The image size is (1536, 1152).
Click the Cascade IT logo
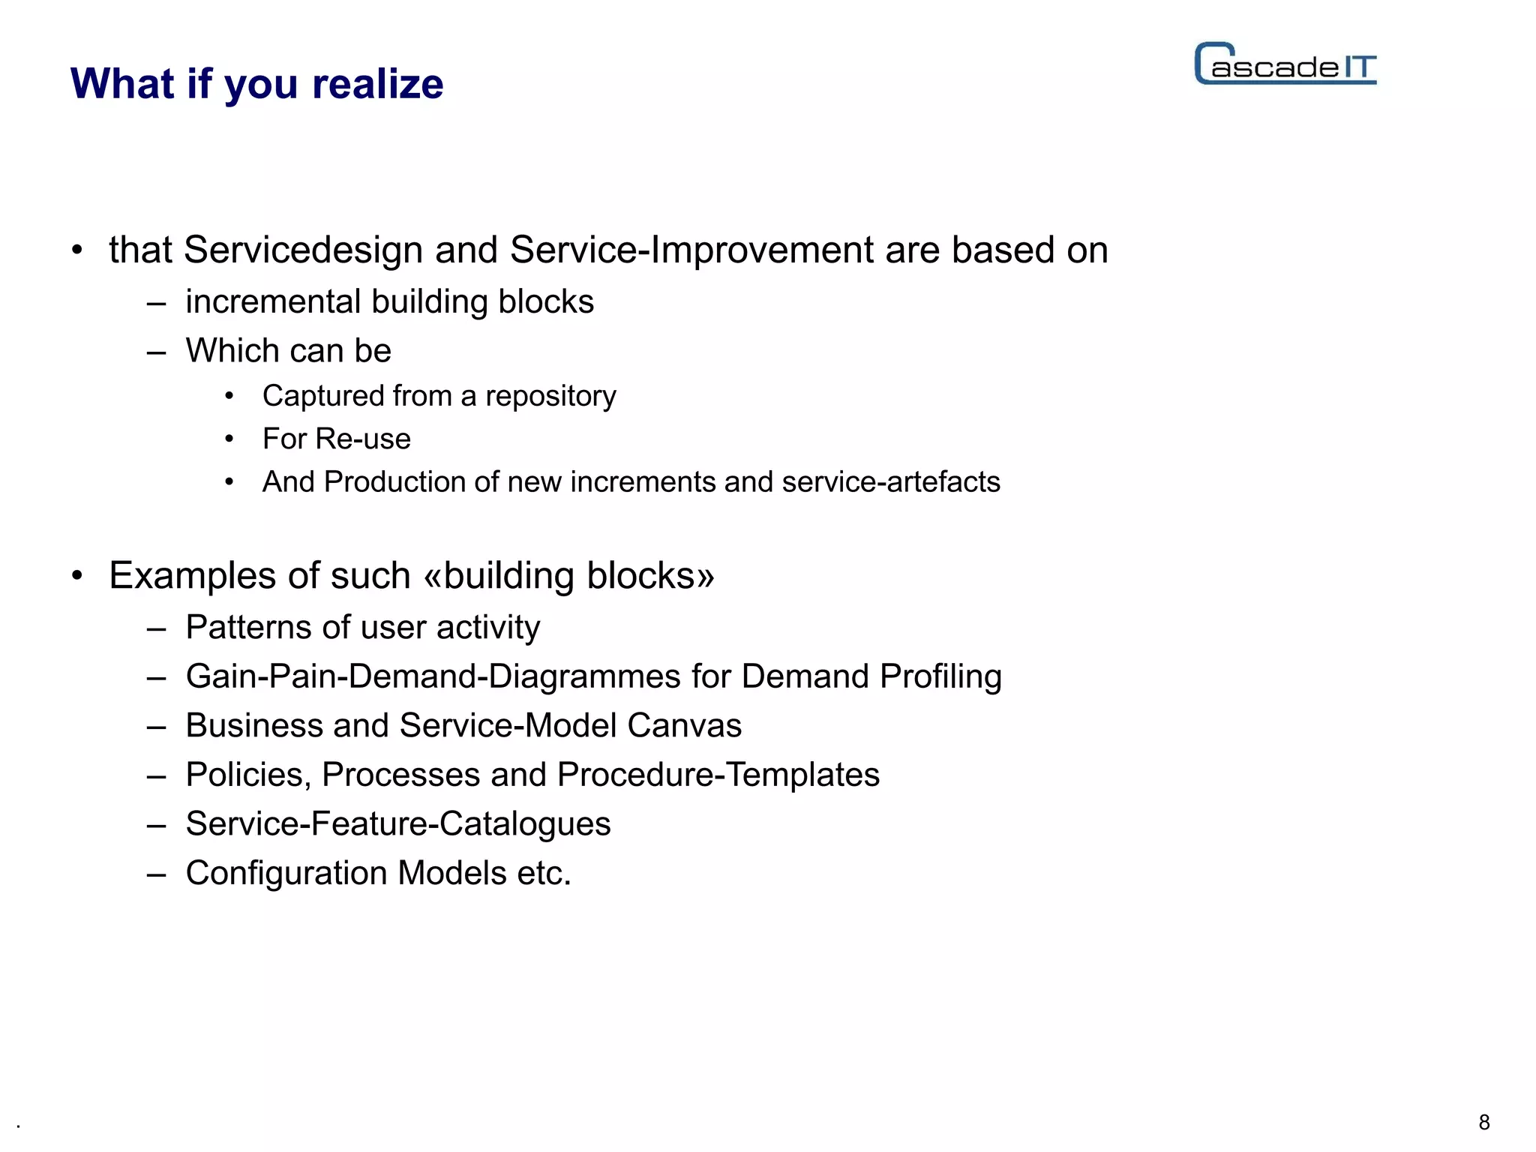point(1285,64)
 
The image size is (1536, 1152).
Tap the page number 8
point(1483,1122)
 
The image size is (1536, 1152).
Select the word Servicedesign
point(303,250)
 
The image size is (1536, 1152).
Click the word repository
point(550,397)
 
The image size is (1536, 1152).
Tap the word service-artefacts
point(890,481)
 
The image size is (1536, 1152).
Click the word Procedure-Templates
point(718,775)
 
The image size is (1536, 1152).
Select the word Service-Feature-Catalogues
point(397,823)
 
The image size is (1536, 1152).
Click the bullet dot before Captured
point(229,396)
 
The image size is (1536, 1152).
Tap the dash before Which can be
point(156,352)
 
